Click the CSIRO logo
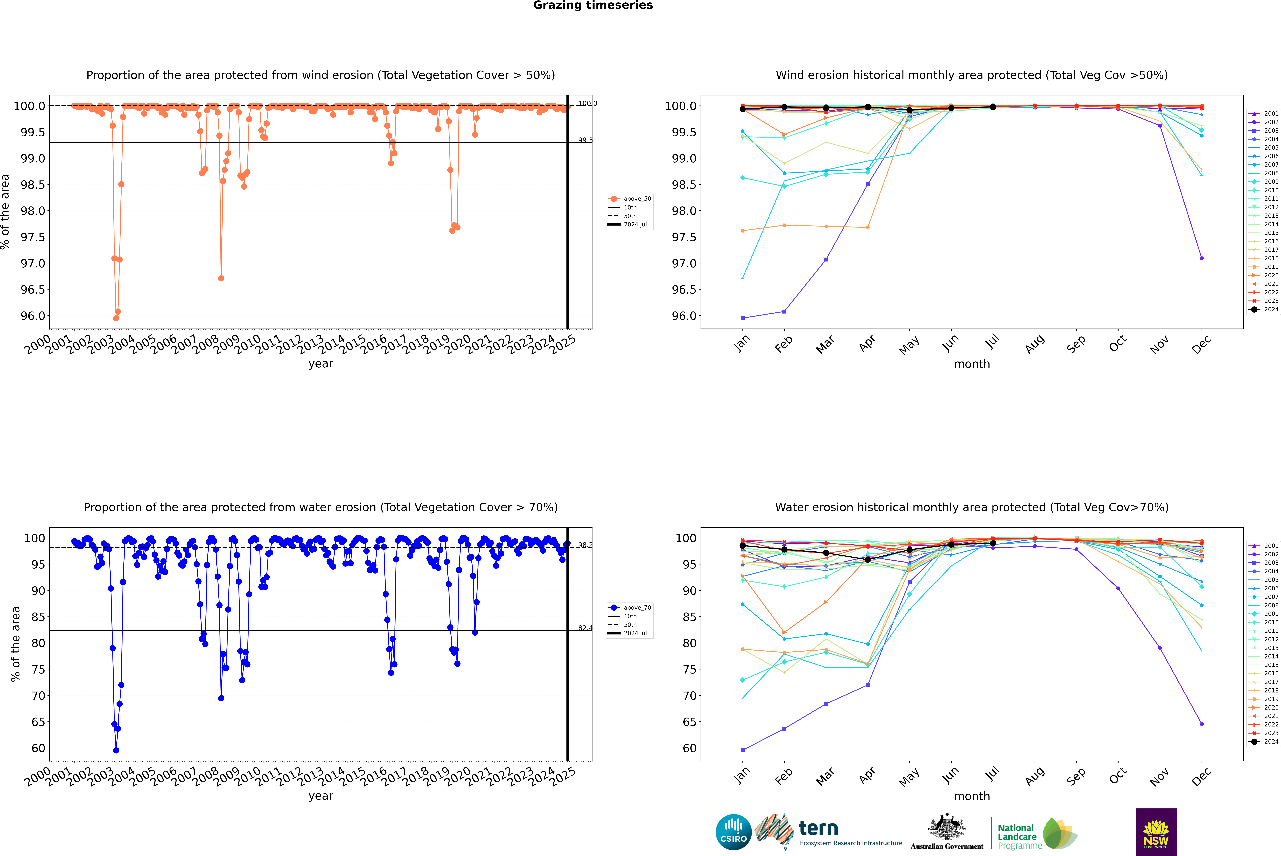733,832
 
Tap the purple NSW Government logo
1156,832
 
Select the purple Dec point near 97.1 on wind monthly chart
1201,258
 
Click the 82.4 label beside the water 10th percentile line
585,628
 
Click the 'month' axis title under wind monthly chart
971,364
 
